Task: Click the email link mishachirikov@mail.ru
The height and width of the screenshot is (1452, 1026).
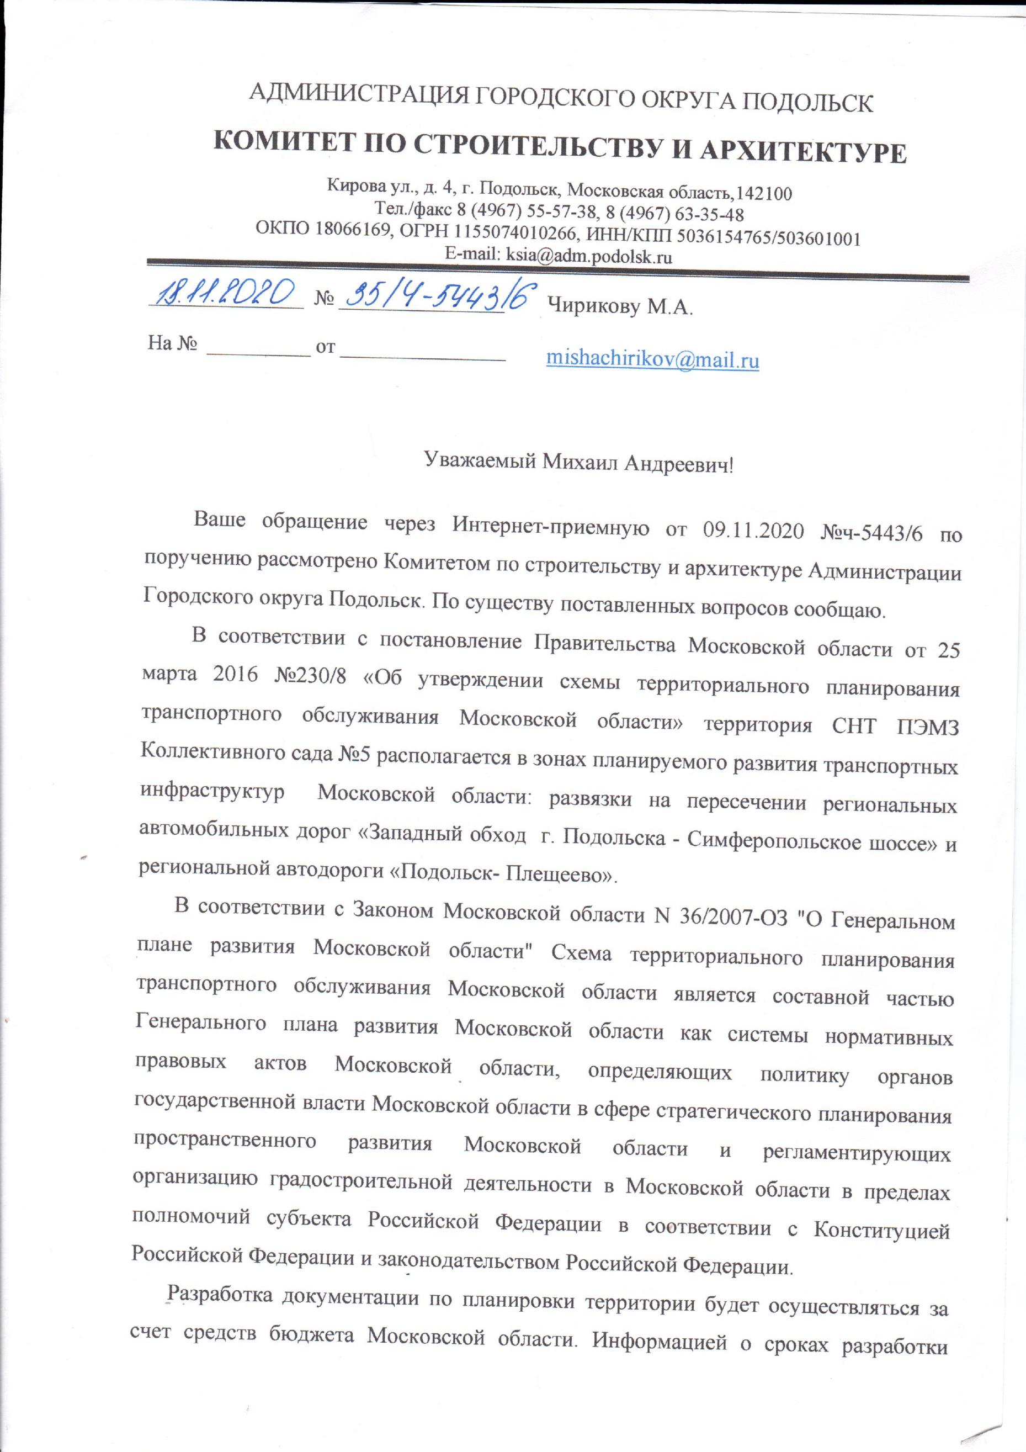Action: [652, 360]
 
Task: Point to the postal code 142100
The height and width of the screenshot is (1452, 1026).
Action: [765, 193]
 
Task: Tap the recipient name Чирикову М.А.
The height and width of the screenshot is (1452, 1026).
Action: [620, 308]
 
